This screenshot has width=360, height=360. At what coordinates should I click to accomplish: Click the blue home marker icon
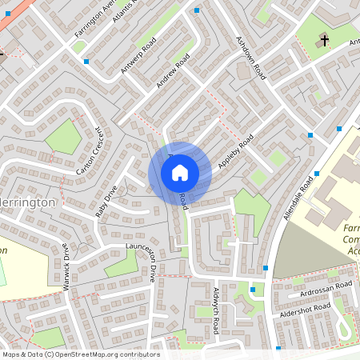click(x=180, y=172)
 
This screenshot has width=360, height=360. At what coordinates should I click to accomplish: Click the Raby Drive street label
click(x=106, y=202)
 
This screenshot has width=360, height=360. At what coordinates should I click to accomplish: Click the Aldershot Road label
click(x=300, y=313)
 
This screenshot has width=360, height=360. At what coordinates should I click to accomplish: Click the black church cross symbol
click(x=324, y=40)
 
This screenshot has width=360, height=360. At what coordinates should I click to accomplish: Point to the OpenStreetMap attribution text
click(x=80, y=354)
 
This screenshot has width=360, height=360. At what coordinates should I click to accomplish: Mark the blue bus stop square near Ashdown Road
click(x=197, y=10)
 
